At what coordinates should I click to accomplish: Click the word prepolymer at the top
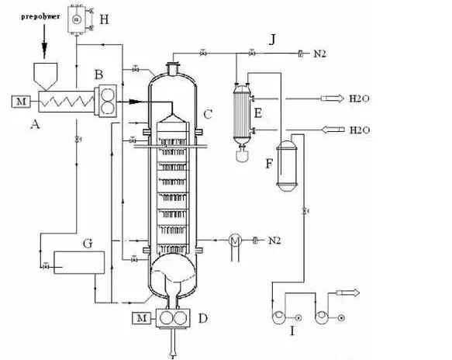click(x=40, y=16)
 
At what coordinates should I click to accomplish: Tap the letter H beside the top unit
click(x=104, y=20)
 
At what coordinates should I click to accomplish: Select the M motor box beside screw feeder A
click(x=21, y=101)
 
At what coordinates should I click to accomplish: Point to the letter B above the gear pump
click(x=98, y=74)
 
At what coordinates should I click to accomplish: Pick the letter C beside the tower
click(x=208, y=114)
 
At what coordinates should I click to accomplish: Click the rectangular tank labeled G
click(x=79, y=262)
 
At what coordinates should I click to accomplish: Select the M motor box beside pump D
click(x=142, y=318)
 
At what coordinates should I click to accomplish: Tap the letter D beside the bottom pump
click(x=203, y=318)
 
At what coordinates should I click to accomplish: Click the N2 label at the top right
click(x=319, y=54)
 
